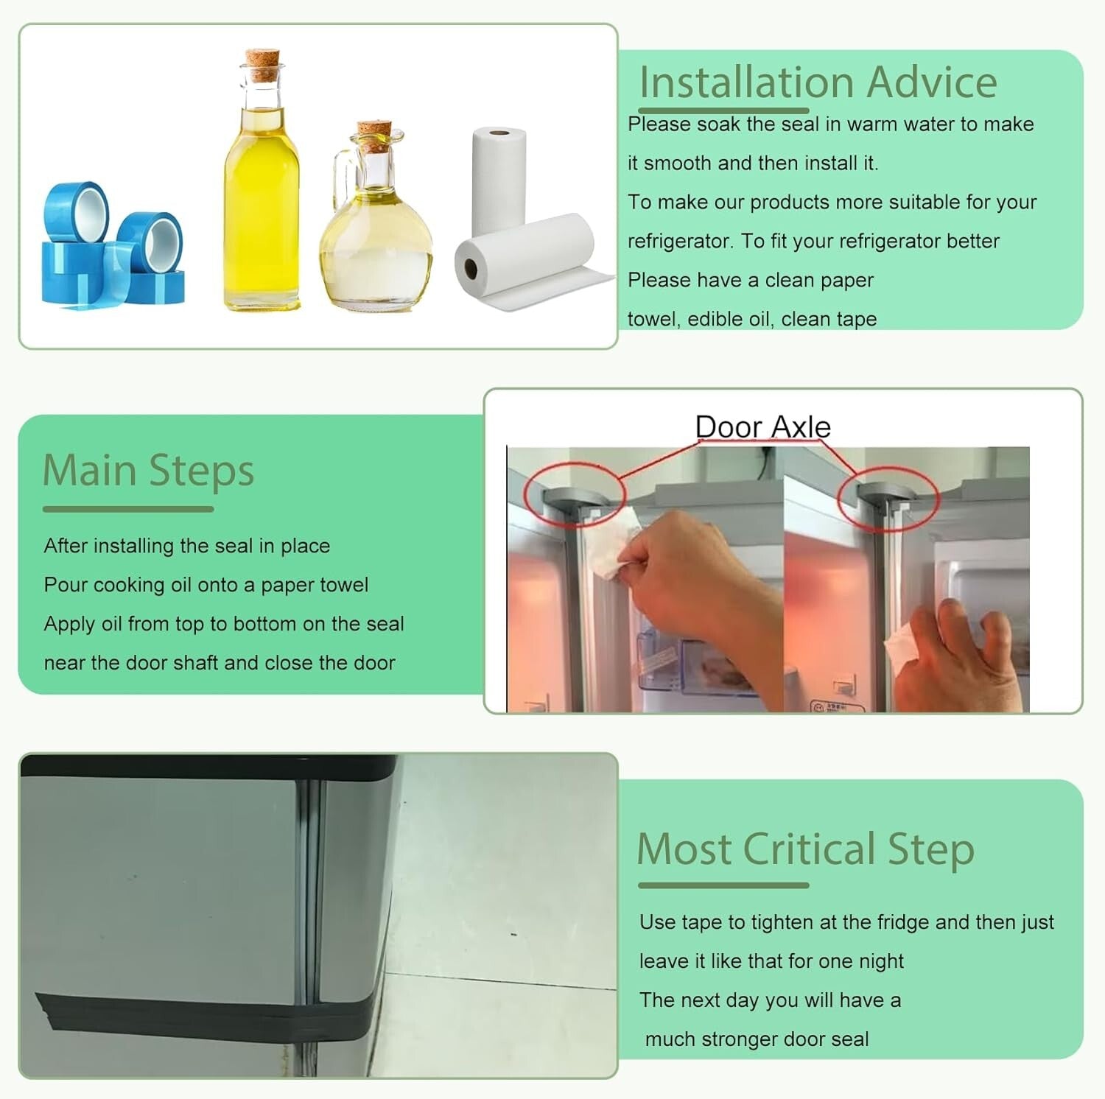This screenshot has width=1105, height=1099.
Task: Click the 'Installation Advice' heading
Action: point(818,82)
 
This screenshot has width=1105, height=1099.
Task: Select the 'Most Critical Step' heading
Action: point(805,849)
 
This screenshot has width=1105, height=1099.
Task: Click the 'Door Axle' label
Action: point(762,427)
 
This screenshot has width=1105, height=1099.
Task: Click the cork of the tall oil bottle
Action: point(263,65)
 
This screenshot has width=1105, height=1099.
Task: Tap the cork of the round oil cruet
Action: point(373,136)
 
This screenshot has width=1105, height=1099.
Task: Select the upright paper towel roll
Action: point(499,177)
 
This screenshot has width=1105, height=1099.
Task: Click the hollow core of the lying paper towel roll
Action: point(469,268)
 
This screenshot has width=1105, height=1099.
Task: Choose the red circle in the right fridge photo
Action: point(888,498)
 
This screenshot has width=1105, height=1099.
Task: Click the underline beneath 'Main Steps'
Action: point(128,509)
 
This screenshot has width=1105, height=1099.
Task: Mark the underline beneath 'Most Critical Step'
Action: point(723,885)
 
